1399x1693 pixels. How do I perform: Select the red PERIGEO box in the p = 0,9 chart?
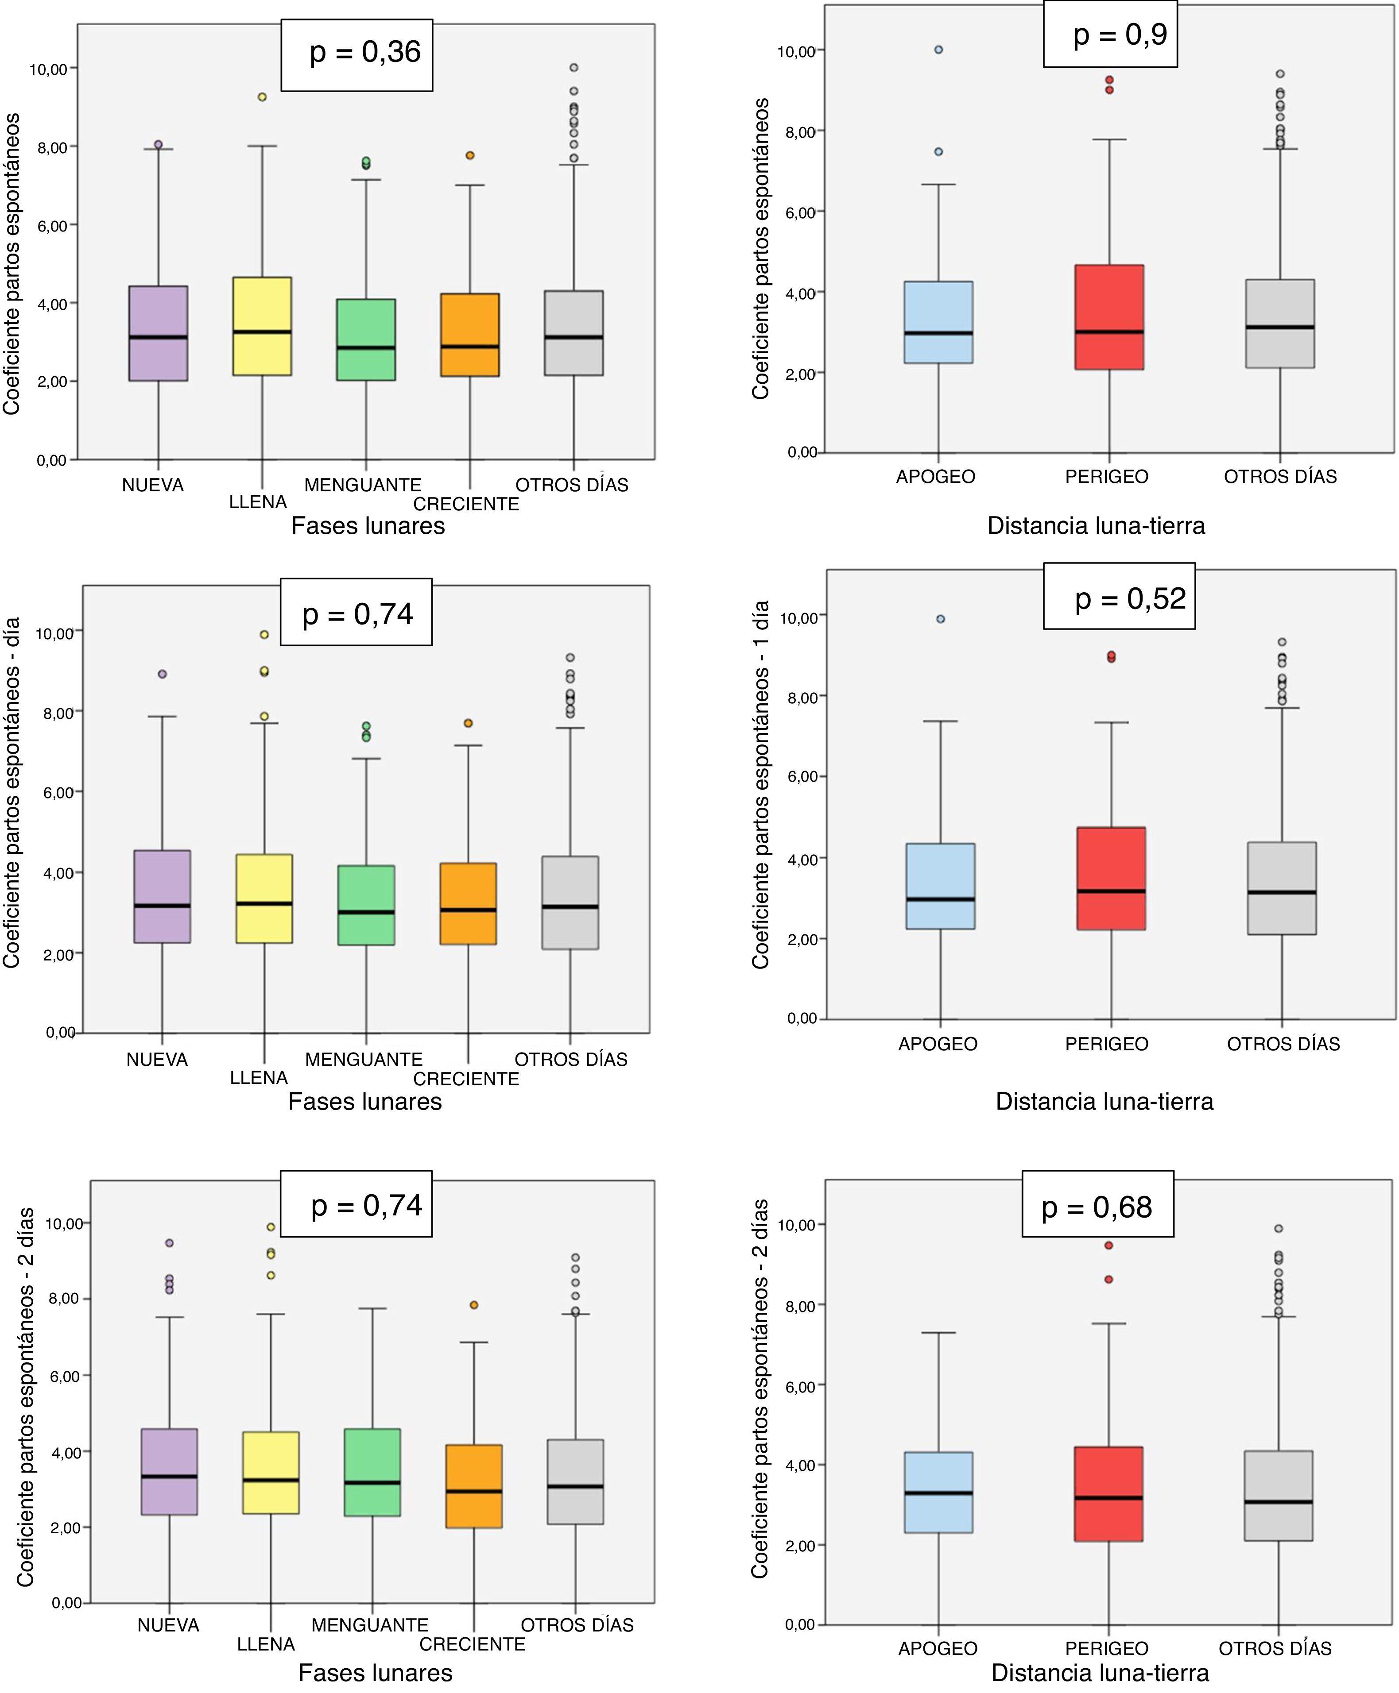pyautogui.click(x=1110, y=316)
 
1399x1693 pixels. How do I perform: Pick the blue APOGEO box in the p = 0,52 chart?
pyautogui.click(x=941, y=886)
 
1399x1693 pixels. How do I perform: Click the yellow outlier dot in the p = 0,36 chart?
pyautogui.click(x=262, y=96)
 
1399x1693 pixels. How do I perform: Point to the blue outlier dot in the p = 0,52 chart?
pyautogui.click(x=941, y=619)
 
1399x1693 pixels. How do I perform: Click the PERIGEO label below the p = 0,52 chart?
pyautogui.click(x=1106, y=1044)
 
